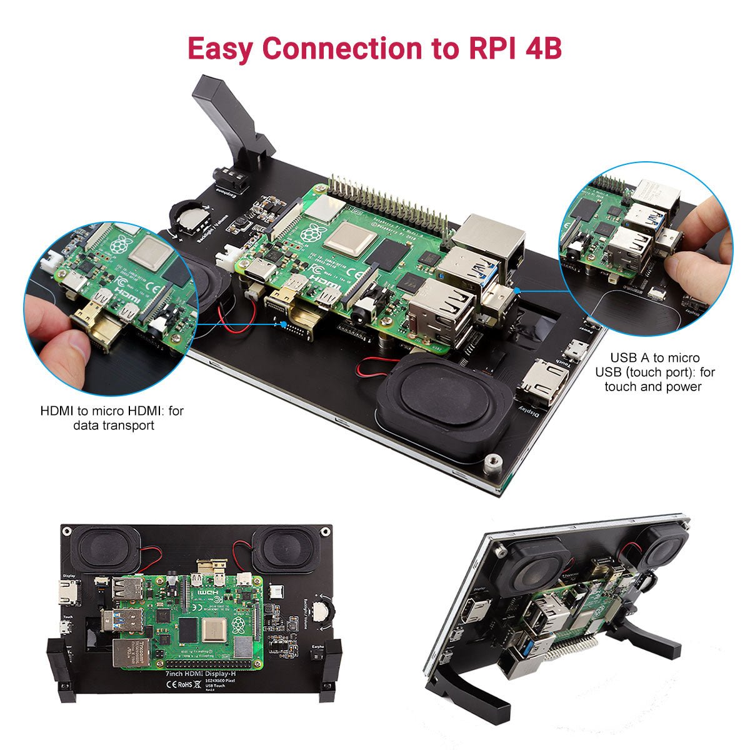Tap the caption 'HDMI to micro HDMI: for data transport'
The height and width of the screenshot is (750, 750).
click(112, 418)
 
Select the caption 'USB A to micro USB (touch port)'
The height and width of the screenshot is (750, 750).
click(654, 372)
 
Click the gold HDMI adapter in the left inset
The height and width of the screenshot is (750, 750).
click(94, 325)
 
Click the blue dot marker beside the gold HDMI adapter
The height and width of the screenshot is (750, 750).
click(285, 325)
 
